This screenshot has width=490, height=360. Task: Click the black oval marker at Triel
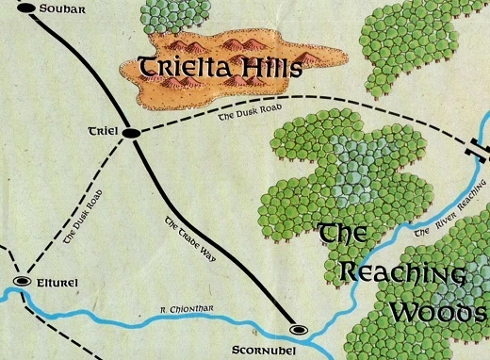pyautogui.click(x=131, y=133)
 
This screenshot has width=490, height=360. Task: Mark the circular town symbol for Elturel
pyautogui.click(x=22, y=281)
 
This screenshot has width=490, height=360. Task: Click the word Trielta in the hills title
pyautogui.click(x=188, y=67)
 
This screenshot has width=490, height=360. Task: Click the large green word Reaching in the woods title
pyautogui.click(x=400, y=273)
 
